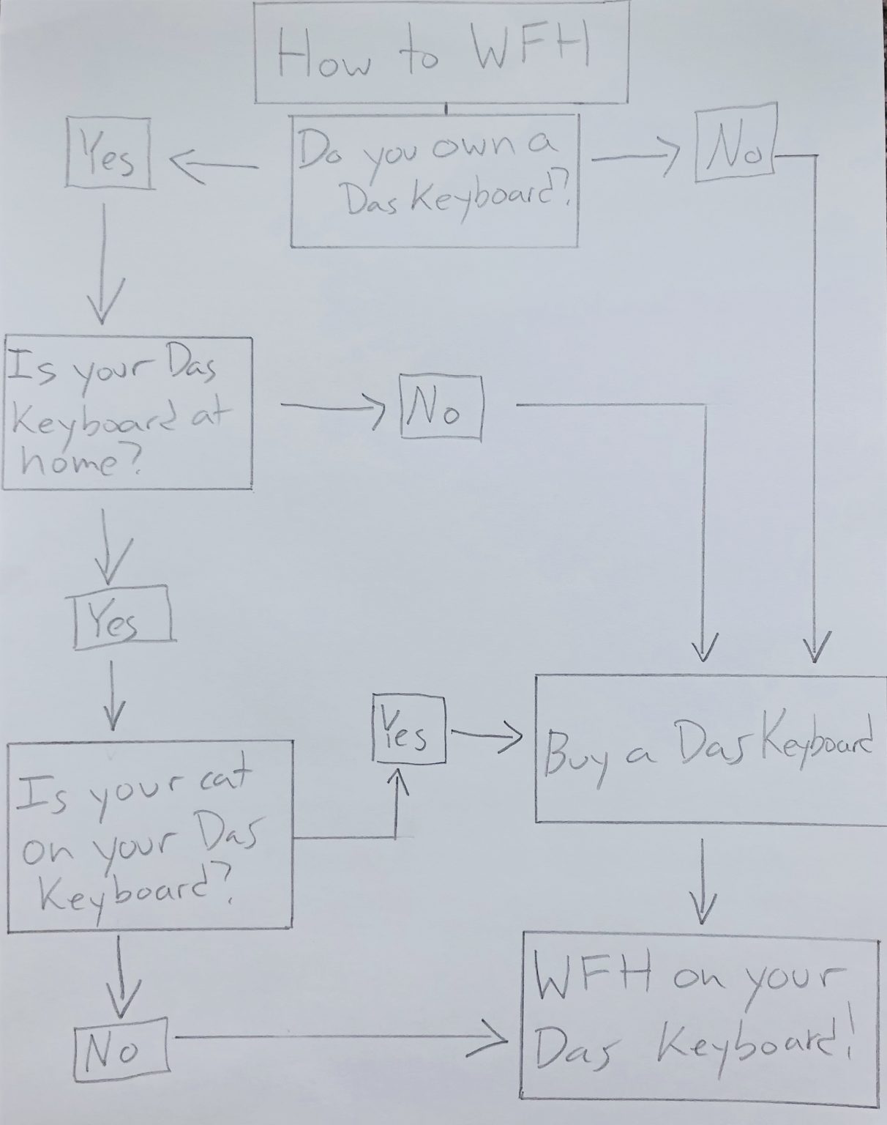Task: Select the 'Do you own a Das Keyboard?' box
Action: [435, 179]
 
